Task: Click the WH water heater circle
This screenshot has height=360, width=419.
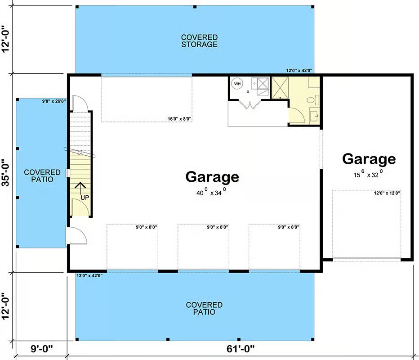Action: point(237,84)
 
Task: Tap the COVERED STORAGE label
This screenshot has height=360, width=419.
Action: point(199,41)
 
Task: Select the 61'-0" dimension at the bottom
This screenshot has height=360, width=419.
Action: point(241,349)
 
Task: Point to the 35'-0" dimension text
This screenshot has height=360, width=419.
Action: point(5,172)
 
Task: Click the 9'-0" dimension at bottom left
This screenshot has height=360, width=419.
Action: point(42,349)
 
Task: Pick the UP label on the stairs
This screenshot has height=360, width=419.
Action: point(85,198)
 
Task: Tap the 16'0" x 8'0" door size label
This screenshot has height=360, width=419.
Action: point(179,119)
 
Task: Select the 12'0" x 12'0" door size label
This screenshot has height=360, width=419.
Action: point(387,193)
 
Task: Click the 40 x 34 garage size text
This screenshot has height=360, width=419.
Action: point(211,192)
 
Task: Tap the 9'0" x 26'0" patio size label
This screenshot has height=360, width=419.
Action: point(54,101)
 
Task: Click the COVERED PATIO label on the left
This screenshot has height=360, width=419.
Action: point(42,176)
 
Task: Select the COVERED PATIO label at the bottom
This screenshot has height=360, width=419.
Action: point(204,308)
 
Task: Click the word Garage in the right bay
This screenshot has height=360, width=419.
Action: point(369,159)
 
